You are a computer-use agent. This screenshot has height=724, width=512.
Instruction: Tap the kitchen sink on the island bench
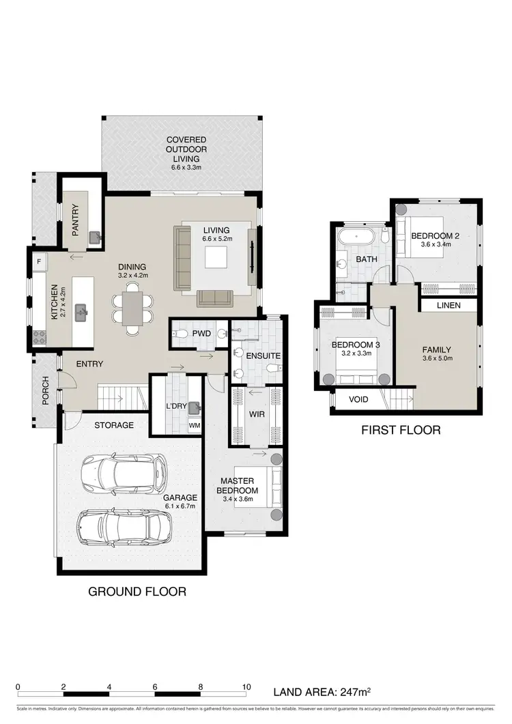pos(82,313)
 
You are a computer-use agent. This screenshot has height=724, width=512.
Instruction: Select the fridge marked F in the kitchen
pos(39,261)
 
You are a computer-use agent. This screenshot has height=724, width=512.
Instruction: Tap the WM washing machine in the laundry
pos(195,425)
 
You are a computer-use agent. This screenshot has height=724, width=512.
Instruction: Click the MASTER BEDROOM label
pos(237,486)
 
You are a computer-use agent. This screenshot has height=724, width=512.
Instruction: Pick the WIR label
pos(257,414)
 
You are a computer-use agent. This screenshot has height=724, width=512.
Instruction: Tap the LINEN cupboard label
pos(447,305)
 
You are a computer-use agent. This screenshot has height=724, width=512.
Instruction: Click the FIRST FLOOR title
pos(401,430)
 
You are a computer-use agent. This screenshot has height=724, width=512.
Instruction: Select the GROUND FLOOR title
pos(137,591)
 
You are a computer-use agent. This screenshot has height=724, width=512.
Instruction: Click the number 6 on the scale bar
pos(156,687)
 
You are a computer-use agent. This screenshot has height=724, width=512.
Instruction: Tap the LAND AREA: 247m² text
pos(322,691)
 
